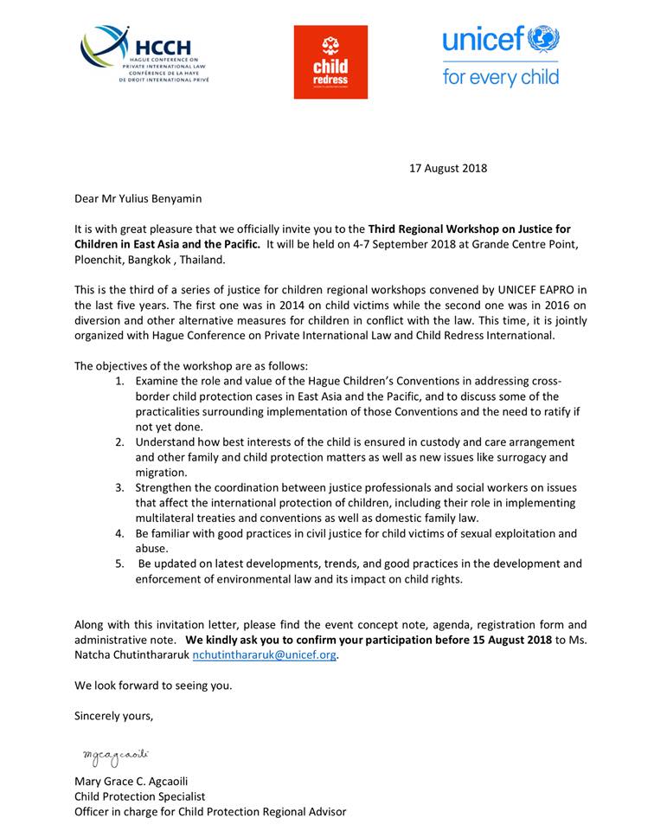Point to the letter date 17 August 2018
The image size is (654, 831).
[x=448, y=168]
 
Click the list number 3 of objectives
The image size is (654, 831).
[x=119, y=488]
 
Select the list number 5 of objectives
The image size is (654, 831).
[x=119, y=564]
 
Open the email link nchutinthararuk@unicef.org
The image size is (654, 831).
[x=264, y=655]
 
